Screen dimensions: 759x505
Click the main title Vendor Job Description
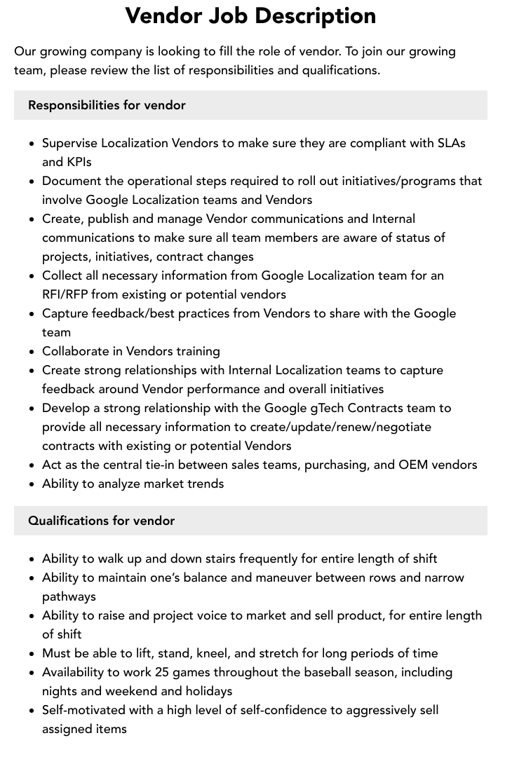point(250,15)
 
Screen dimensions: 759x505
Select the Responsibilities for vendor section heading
point(107,105)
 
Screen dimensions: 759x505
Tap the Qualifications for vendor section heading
point(101,521)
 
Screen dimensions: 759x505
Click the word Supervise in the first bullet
point(69,143)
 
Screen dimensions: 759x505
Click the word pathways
point(69,596)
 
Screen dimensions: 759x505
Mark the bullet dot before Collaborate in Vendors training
point(32,352)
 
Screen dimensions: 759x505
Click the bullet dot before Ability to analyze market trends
point(32,484)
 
